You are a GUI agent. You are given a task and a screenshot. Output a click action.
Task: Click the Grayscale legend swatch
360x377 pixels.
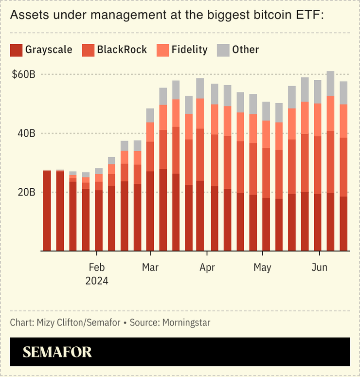click(x=16, y=50)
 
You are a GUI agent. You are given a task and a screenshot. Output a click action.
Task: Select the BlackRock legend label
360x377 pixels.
click(x=122, y=50)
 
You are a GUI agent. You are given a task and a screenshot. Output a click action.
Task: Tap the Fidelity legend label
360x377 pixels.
click(x=189, y=50)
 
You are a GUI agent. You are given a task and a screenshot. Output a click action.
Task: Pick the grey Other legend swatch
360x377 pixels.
click(x=223, y=50)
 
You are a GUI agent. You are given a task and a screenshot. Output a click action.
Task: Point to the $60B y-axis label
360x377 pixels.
click(x=24, y=74)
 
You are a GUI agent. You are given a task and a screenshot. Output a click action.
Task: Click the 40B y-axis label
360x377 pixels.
click(x=26, y=133)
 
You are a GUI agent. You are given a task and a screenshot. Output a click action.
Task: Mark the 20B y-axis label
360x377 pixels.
click(x=26, y=192)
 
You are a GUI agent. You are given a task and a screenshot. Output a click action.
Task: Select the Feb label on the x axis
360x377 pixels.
click(x=97, y=268)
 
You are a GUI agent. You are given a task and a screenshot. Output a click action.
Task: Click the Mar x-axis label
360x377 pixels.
click(x=150, y=268)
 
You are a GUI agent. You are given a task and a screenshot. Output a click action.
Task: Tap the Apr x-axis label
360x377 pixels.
click(x=207, y=268)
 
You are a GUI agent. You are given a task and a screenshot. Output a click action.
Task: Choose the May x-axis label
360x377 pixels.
click(x=262, y=268)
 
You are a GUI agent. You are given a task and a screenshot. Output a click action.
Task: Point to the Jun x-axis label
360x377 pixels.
click(x=319, y=268)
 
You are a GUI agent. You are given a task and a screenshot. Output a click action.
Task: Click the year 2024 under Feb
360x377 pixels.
click(x=97, y=281)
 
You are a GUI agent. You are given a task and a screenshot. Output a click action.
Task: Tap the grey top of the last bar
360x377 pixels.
click(x=343, y=93)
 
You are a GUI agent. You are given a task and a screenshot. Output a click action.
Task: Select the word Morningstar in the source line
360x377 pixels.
click(x=186, y=323)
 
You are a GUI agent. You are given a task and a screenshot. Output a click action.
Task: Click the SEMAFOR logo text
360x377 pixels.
click(x=57, y=352)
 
